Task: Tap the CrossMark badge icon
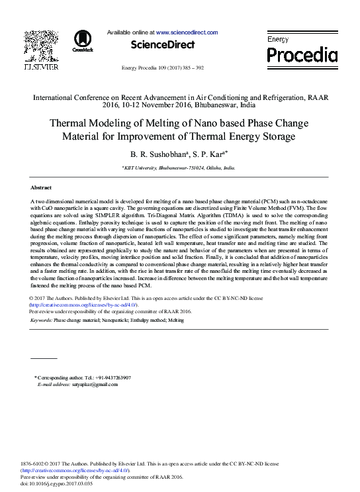[x=83, y=40]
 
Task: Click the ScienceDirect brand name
[x=163, y=45]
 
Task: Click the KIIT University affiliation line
[x=179, y=168]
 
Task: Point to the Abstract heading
[x=41, y=188]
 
